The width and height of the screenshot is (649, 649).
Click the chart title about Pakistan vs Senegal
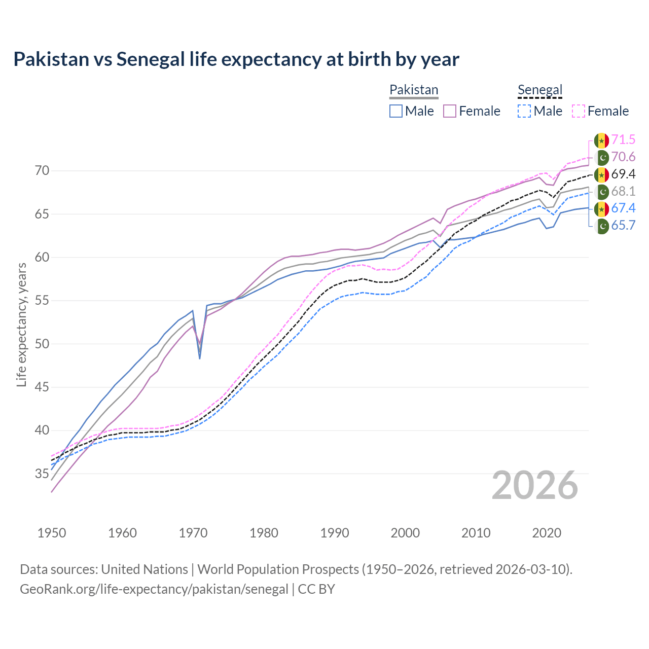(x=236, y=59)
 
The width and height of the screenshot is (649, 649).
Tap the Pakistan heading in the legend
(x=414, y=90)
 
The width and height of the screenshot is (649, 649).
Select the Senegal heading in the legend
(x=540, y=90)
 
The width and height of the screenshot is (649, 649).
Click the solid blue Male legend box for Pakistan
(x=396, y=111)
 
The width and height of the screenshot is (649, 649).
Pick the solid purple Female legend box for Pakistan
(x=450, y=111)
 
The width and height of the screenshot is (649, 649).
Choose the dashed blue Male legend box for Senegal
(x=524, y=111)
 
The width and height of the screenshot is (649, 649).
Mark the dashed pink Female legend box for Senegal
(x=579, y=111)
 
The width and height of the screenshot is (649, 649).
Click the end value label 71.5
(x=623, y=139)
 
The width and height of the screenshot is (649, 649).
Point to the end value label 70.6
(x=623, y=157)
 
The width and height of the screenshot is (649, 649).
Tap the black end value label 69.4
(x=623, y=174)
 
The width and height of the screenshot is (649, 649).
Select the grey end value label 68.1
(x=623, y=192)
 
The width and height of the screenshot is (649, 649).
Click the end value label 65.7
(x=623, y=226)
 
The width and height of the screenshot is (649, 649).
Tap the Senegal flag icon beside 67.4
(x=601, y=208)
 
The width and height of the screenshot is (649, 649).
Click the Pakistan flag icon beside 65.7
(x=601, y=226)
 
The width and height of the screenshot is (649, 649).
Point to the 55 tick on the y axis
(x=43, y=301)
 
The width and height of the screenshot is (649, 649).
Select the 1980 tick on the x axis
(x=264, y=533)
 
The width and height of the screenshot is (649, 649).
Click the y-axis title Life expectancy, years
(x=21, y=324)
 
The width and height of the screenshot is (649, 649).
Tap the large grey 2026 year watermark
(x=535, y=485)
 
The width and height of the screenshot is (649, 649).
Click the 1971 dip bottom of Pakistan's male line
(x=200, y=358)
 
